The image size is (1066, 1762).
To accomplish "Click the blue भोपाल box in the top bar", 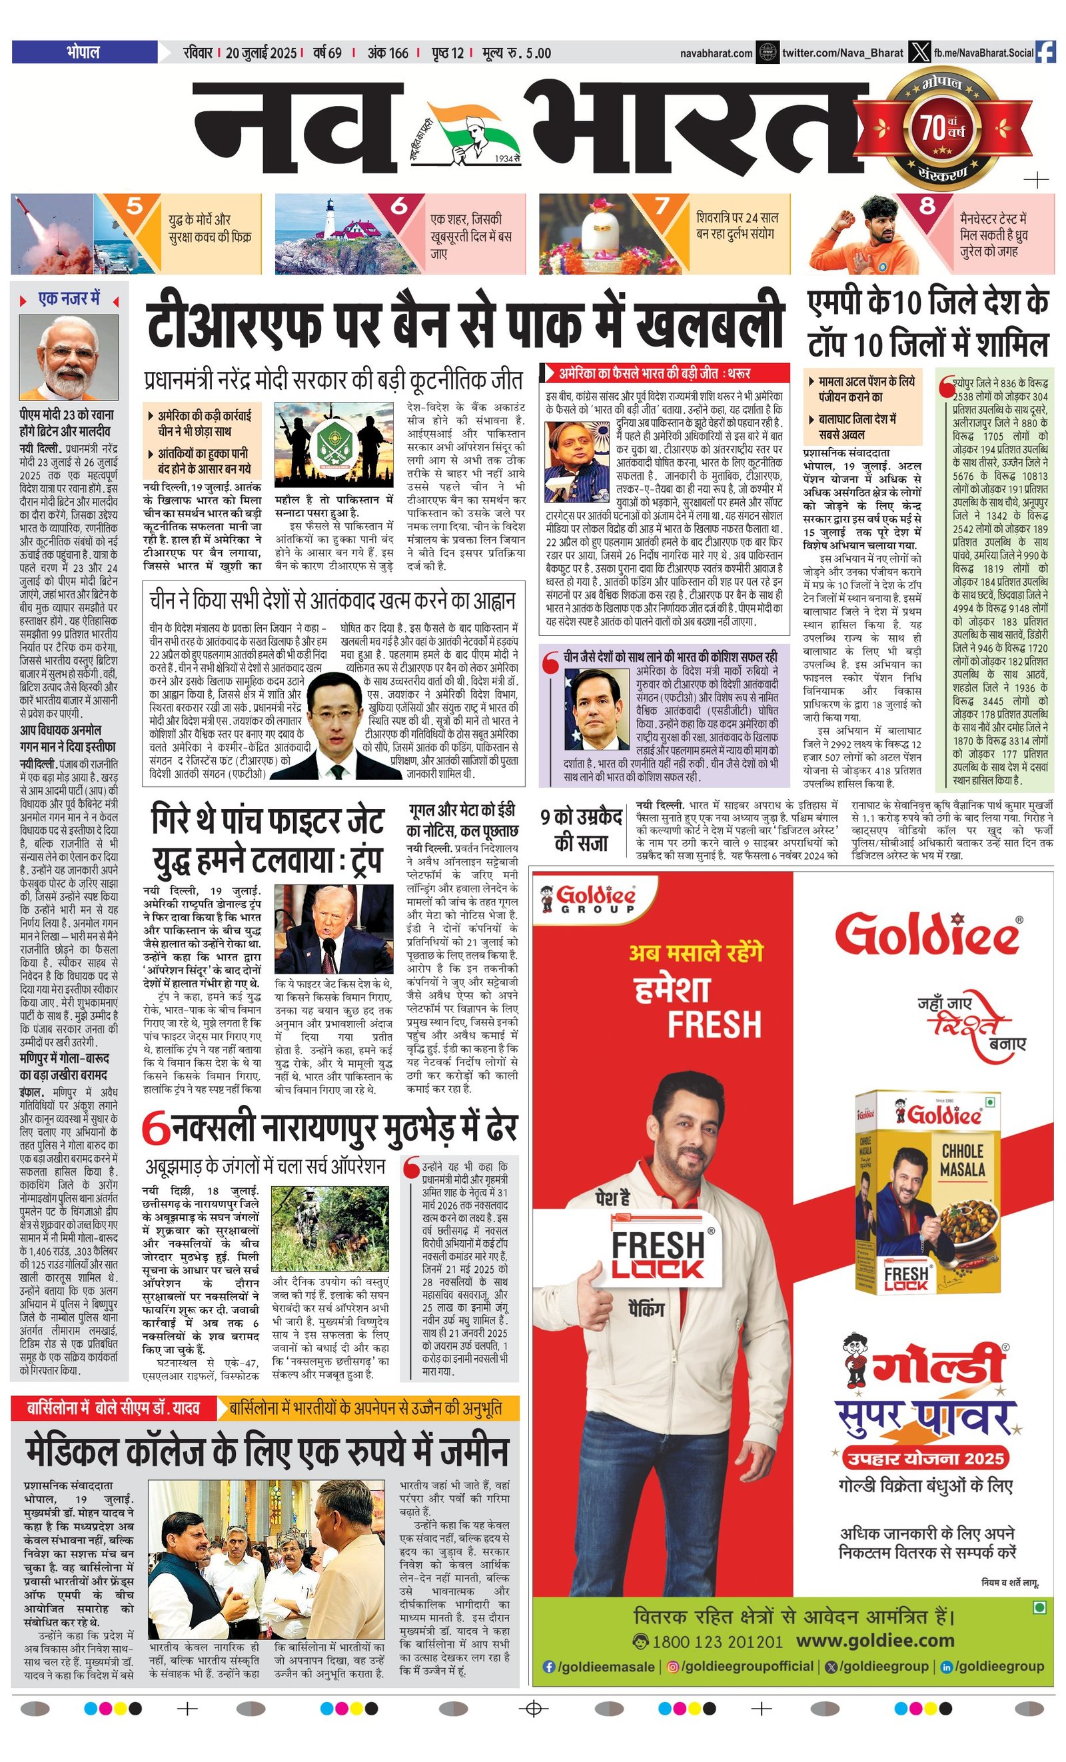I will tap(85, 51).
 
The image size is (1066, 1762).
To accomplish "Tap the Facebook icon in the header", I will tap(1045, 52).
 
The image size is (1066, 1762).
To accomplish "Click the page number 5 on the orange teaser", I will tap(135, 206).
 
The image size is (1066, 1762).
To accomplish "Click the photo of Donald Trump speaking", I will tap(333, 928).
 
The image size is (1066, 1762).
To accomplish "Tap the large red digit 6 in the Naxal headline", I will tap(156, 1128).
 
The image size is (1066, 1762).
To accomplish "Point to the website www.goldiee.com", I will tap(875, 1640).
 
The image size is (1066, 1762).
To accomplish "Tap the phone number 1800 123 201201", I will tap(717, 1641).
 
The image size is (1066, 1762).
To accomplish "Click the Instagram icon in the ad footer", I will tap(673, 1666).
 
